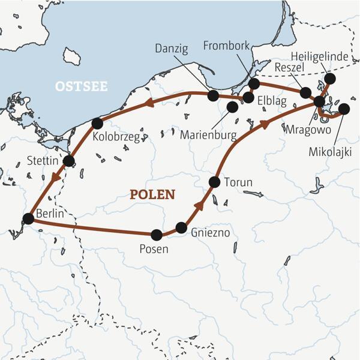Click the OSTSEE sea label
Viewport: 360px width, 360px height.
(x=81, y=86)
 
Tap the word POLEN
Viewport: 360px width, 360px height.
(x=152, y=194)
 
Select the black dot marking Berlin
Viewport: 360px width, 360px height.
(x=28, y=219)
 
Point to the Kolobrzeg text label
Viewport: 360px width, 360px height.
(x=116, y=137)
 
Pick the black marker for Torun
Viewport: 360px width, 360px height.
(x=214, y=181)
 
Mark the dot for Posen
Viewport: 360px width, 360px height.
(x=157, y=235)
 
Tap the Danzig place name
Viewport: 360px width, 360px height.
(x=172, y=47)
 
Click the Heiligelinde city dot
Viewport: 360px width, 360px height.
(x=329, y=79)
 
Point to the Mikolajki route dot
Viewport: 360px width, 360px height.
(x=344, y=109)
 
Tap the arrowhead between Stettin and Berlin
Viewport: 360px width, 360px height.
(x=55, y=176)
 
